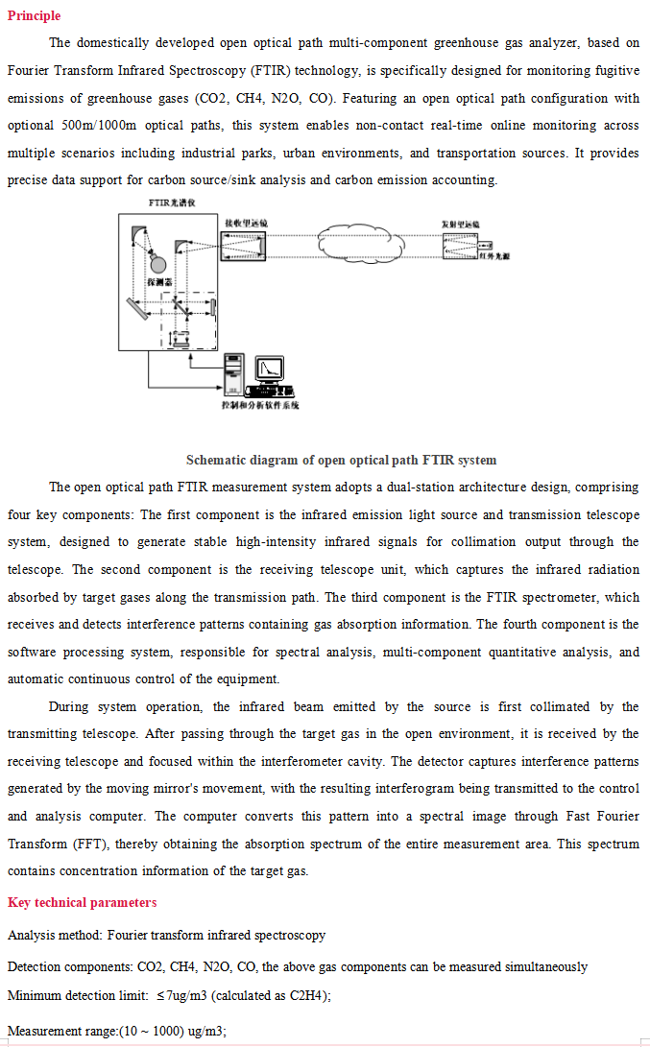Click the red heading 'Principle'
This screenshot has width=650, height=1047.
[x=34, y=15]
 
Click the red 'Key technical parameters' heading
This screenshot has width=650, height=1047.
[x=82, y=902]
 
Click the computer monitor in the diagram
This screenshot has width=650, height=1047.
[x=272, y=370]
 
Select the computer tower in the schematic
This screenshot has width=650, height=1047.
[x=234, y=373]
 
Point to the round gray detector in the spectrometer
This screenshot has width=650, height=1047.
[x=159, y=263]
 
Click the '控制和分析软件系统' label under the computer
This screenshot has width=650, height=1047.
[x=259, y=405]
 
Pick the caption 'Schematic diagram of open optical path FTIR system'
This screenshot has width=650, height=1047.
[x=341, y=460]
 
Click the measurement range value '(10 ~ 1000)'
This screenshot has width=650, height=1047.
[x=154, y=1032]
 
